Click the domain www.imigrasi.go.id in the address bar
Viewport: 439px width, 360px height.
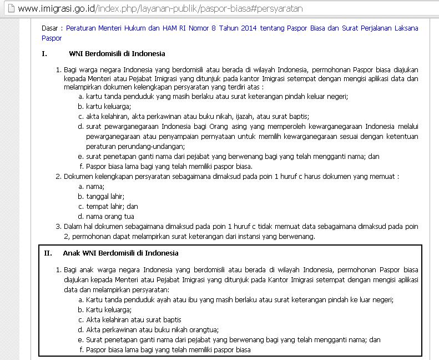(54, 9)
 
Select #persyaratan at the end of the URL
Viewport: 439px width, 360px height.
(277, 9)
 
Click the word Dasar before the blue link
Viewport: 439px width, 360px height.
(52, 28)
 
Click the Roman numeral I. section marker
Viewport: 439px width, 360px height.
(44, 54)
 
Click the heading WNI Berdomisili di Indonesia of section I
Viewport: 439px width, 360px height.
(117, 54)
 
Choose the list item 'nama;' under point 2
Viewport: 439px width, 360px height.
(95, 187)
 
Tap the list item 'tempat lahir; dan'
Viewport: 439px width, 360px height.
(112, 206)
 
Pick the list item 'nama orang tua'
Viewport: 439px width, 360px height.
(110, 216)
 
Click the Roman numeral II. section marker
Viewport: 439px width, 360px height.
(48, 253)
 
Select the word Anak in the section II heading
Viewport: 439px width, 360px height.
(72, 253)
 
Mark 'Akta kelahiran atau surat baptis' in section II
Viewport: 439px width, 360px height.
(134, 319)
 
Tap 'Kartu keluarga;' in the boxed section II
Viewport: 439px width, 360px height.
(109, 309)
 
